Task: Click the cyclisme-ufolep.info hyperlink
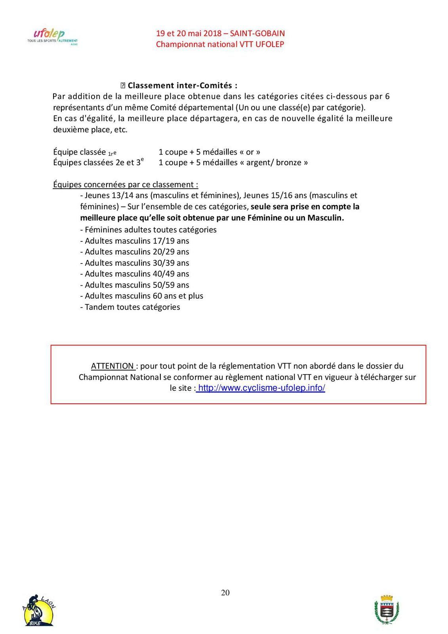(261, 388)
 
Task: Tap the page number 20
(225, 592)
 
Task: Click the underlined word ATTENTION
(112, 366)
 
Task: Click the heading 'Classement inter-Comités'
(182, 85)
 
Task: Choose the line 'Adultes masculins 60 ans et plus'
(141, 296)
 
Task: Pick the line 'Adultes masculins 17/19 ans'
(135, 241)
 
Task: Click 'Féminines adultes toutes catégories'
(148, 230)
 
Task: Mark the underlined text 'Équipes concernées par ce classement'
(125, 185)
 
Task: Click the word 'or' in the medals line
(250, 152)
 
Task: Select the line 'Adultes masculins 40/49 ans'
(135, 274)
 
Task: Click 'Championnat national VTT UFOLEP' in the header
(220, 44)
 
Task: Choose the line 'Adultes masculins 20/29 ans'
(135, 252)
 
